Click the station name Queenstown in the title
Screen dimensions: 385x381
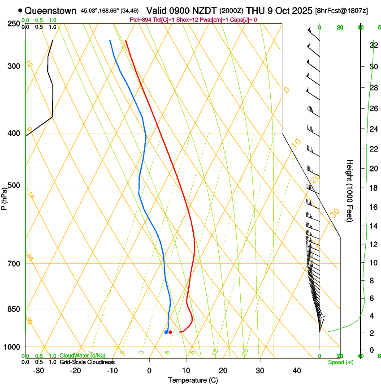50,10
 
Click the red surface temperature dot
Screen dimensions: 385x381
170,332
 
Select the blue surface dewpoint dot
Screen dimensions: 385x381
166,332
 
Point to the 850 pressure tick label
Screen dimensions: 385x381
14,309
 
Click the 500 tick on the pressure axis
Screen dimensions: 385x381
14,185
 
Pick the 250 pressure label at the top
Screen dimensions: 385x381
14,23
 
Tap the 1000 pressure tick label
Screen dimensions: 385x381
12,347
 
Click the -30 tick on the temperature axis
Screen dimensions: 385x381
39,371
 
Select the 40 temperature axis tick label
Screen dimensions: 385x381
296,371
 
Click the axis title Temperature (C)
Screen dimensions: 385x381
193,380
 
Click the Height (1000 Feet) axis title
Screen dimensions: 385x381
350,190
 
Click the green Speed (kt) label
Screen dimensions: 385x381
341,362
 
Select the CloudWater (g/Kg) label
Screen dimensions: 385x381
83,356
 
